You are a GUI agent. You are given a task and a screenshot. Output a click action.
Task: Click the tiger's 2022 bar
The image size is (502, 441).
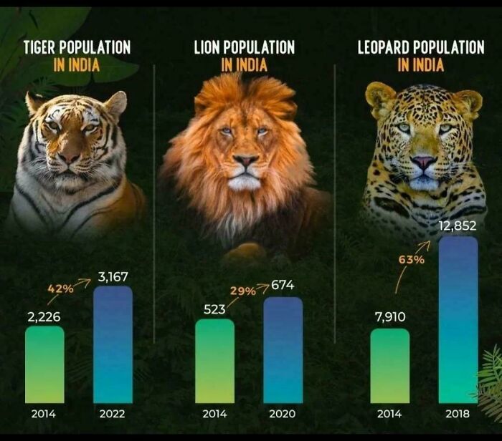pos(113,344)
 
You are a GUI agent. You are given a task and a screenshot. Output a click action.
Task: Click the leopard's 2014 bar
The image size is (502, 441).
pos(389,365)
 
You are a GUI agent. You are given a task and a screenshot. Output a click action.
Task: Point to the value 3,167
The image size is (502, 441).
pos(113,276)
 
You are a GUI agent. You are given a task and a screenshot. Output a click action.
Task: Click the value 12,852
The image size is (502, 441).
pos(457,226)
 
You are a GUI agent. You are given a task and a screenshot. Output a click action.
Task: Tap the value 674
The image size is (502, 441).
pos(283,286)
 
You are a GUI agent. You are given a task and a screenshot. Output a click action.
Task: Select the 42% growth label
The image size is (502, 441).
pos(61,289)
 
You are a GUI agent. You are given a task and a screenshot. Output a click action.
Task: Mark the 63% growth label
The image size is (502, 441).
pos(412,259)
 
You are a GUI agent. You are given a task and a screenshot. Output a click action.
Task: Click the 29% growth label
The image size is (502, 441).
pos(243,291)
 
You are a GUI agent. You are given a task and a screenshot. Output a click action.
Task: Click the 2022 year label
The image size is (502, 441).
pos(113,414)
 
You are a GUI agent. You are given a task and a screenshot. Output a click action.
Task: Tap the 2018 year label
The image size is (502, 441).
pos(458,414)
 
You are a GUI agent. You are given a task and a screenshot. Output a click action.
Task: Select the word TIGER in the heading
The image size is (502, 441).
pos(42,48)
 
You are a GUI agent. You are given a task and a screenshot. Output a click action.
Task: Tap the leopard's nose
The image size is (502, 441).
pos(423,163)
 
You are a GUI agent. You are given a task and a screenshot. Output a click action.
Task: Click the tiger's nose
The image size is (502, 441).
pos(70,155)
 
